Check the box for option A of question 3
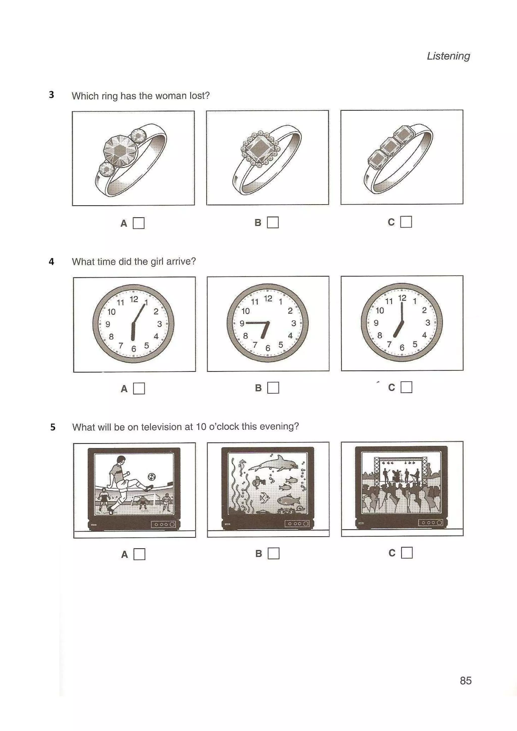point(138,223)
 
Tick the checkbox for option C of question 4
point(406,387)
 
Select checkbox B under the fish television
point(273,553)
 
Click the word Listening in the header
point(448,56)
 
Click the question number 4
point(51,262)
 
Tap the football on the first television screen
point(152,477)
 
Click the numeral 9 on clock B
point(242,323)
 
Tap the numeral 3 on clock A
point(159,324)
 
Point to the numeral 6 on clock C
point(402,348)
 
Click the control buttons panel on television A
point(163,524)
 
